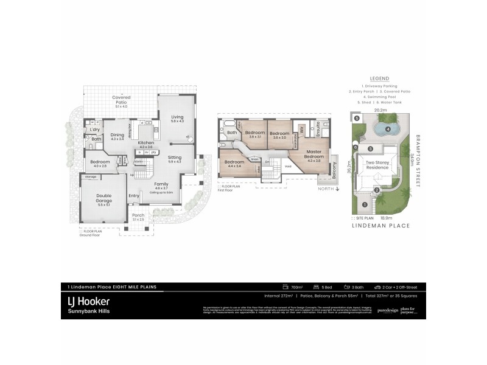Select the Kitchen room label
(x=146, y=144)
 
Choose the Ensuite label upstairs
(x=317, y=129)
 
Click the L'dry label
(x=95, y=130)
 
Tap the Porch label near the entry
(x=138, y=217)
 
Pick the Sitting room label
(x=175, y=158)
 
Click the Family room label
(x=161, y=185)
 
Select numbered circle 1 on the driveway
(x=364, y=204)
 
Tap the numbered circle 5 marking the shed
(x=357, y=119)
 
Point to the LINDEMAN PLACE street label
(x=381, y=225)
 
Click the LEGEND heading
(x=379, y=78)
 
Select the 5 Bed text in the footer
(x=328, y=287)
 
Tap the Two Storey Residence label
(x=379, y=166)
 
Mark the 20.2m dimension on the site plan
(x=380, y=111)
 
